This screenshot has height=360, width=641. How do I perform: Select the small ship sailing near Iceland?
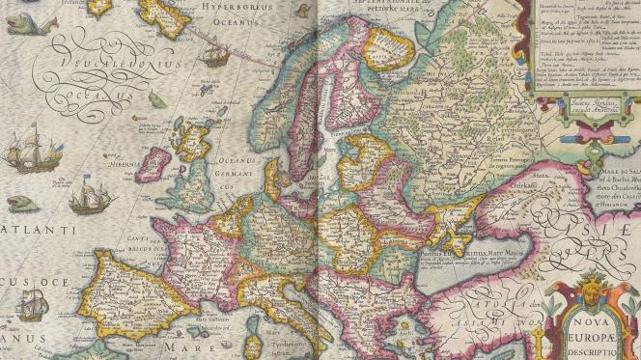(x=216, y=58)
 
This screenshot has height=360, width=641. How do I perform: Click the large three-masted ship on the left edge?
(x=26, y=154)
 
